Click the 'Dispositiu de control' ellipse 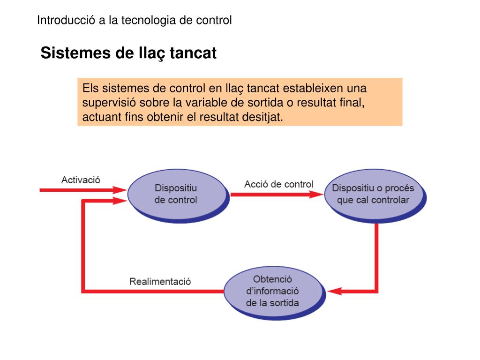pos(176,194)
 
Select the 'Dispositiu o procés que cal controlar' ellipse pos(373,194)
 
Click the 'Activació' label pos(81,180)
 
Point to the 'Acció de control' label pos(278,184)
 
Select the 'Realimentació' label pos(160,281)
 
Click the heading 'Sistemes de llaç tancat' pos(128,53)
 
